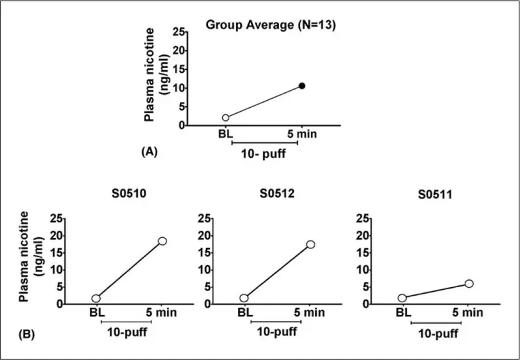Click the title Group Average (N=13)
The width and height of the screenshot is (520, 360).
click(270, 25)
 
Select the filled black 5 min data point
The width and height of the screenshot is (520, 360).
click(302, 86)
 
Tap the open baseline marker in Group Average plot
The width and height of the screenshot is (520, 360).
click(226, 118)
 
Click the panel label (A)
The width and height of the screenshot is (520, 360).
click(149, 151)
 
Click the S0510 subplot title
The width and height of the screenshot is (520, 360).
click(129, 194)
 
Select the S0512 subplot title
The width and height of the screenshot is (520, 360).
click(277, 194)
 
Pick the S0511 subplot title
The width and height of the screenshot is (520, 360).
click(435, 194)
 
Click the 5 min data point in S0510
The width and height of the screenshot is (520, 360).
click(162, 241)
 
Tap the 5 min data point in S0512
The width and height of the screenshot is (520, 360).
click(311, 244)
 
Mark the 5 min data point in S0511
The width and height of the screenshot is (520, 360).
click(469, 283)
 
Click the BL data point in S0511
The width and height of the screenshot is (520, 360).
click(402, 298)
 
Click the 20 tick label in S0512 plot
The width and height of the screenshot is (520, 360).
click(204, 236)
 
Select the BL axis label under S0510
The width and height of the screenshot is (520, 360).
click(97, 313)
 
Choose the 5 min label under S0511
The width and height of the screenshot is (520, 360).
click(467, 313)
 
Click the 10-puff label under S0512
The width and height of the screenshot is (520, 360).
click(277, 331)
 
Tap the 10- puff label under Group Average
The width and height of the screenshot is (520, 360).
click(263, 154)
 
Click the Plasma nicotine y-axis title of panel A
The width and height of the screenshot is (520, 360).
click(156, 74)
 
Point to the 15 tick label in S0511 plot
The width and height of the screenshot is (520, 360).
click(363, 253)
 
